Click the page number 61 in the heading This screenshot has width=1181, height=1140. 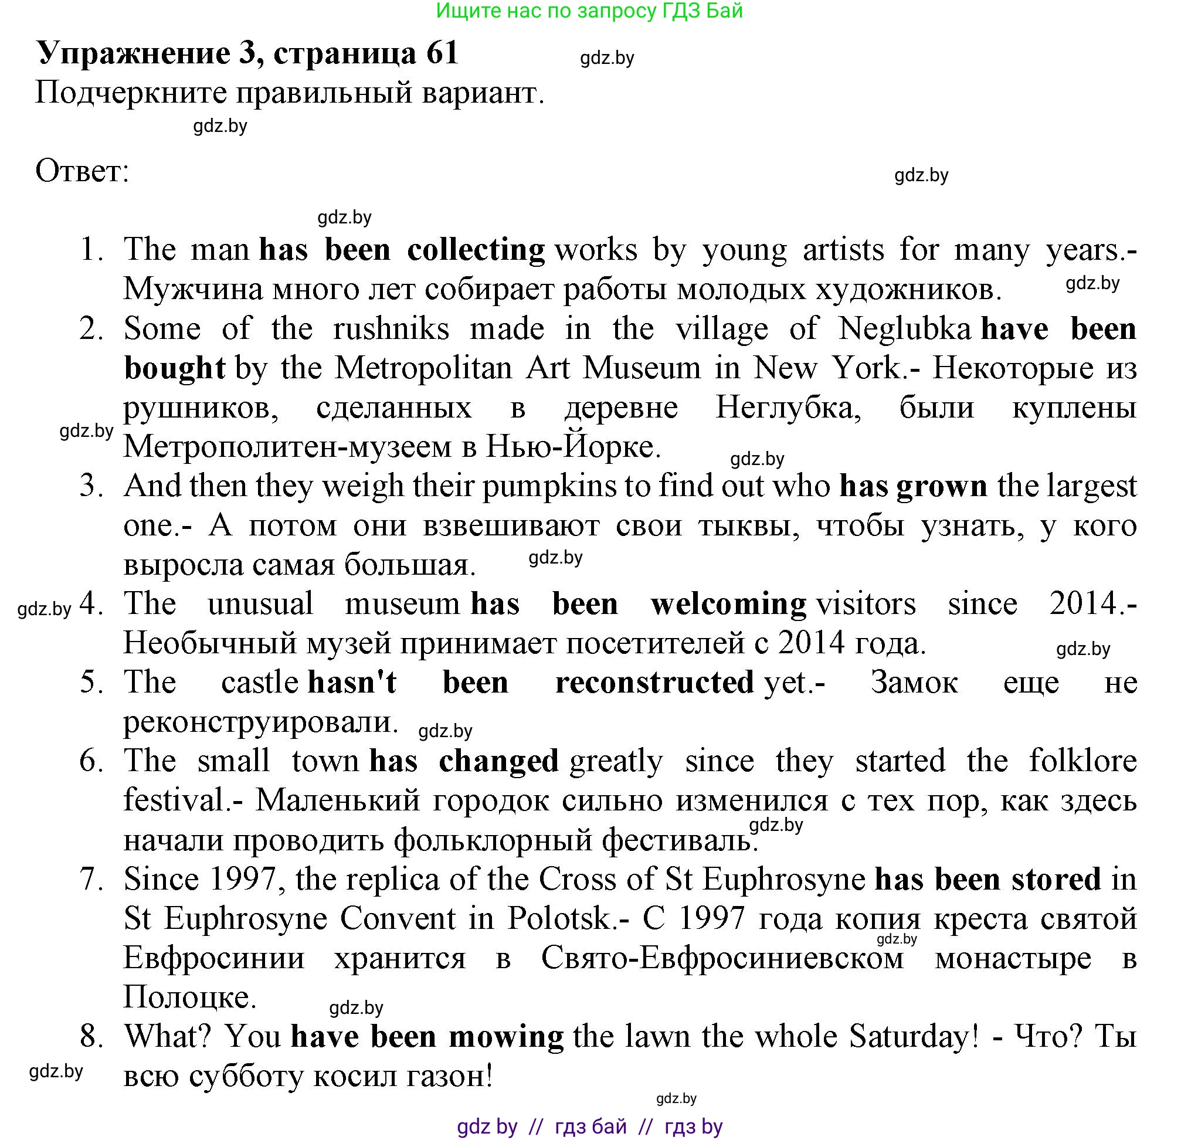pyautogui.click(x=442, y=53)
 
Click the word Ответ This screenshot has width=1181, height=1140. pyautogui.click(x=82, y=171)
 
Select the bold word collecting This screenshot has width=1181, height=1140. pyautogui.click(x=476, y=250)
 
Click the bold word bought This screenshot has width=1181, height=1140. pyautogui.click(x=175, y=368)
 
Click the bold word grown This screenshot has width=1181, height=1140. pyautogui.click(x=942, y=486)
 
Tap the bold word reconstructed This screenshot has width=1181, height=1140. pyautogui.click(x=654, y=683)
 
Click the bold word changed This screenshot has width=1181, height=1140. pyautogui.click(x=499, y=761)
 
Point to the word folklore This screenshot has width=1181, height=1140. pyautogui.click(x=1083, y=761)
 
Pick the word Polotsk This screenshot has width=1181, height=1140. pyautogui.click(x=560, y=919)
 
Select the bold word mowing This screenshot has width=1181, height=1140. pyautogui.click(x=506, y=1037)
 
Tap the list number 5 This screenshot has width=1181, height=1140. pyautogui.click(x=91, y=683)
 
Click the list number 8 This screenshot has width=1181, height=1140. pyautogui.click(x=91, y=1037)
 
